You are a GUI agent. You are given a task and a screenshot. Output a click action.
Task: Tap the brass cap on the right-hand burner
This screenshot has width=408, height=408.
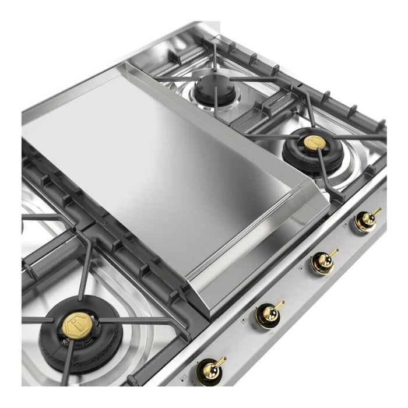(310, 143)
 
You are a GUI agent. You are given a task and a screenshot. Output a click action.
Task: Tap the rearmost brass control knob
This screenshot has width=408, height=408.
(366, 220)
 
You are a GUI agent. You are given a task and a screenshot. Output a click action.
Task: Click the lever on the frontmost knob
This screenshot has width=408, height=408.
(220, 362)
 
